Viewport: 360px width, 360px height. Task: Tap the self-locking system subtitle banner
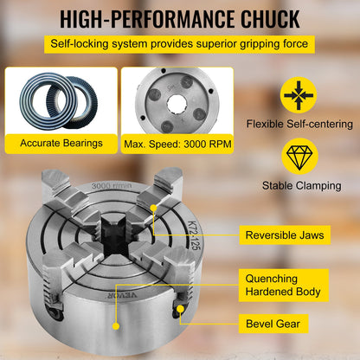coord(180,43)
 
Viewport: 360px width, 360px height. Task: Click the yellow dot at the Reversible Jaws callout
coord(153,208)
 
